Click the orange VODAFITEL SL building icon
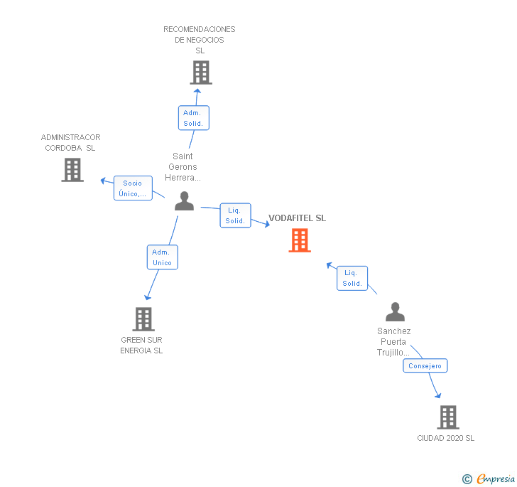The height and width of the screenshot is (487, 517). pyautogui.click(x=300, y=240)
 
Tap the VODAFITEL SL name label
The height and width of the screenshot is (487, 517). pyautogui.click(x=297, y=218)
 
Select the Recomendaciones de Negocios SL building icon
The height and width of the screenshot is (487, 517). pyautogui.click(x=201, y=72)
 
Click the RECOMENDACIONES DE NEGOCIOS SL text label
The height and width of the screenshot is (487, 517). pyautogui.click(x=200, y=40)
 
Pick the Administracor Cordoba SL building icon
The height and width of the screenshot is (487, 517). pyautogui.click(x=72, y=170)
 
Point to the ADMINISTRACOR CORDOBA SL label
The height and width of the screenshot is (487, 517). pyautogui.click(x=70, y=143)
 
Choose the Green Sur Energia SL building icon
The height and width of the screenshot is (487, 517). pyautogui.click(x=143, y=319)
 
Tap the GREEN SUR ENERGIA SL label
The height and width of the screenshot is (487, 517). pyautogui.click(x=141, y=345)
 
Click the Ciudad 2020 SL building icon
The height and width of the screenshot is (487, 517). pyautogui.click(x=447, y=417)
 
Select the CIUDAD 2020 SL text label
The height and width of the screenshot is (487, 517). pyautogui.click(x=445, y=438)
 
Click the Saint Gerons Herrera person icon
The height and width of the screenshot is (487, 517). pyautogui.click(x=184, y=201)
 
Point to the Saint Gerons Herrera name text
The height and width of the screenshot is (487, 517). pyautogui.click(x=183, y=167)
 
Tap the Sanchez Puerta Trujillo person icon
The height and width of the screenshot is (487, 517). pyautogui.click(x=395, y=312)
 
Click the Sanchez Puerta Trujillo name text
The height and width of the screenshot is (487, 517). pyautogui.click(x=394, y=342)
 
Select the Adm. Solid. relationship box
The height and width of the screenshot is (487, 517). pyautogui.click(x=193, y=118)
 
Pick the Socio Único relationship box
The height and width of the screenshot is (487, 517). pyautogui.click(x=133, y=188)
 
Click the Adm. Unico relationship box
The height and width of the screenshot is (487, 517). pyautogui.click(x=162, y=257)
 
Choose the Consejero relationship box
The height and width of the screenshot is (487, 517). pyautogui.click(x=425, y=366)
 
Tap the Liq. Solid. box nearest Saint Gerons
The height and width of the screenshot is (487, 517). pyautogui.click(x=235, y=215)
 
